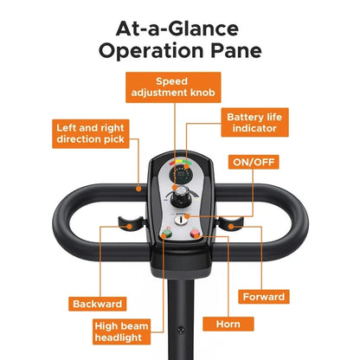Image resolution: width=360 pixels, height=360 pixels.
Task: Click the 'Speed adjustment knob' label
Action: [x=173, y=87]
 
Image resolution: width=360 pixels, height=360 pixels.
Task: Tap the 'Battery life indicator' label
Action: [x=254, y=122]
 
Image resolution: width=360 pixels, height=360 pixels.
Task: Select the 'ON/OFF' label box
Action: [x=254, y=162]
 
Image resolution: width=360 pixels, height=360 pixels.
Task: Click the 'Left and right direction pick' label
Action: [x=91, y=133]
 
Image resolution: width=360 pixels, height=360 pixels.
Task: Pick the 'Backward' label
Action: [x=98, y=304]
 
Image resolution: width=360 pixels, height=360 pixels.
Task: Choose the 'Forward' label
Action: [x=264, y=297]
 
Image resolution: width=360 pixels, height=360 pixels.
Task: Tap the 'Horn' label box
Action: [x=228, y=324]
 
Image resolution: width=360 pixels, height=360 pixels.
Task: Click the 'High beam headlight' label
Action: [x=121, y=331]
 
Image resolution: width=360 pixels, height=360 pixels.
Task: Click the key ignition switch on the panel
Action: [x=180, y=220]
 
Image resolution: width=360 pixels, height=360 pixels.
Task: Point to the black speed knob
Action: [x=181, y=197]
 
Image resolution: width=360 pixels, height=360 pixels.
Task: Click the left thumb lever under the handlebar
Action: [x=131, y=223]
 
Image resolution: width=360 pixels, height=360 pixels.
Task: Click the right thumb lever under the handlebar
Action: [x=231, y=223]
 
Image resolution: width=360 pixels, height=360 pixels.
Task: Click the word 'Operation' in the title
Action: [x=151, y=51]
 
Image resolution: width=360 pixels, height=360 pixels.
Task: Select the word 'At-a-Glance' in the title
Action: [x=177, y=29]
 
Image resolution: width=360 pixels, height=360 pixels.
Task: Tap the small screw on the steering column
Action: [x=181, y=329]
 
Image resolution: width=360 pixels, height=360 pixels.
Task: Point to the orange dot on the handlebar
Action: [x=138, y=189]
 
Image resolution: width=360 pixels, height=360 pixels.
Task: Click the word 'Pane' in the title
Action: [x=236, y=50]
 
